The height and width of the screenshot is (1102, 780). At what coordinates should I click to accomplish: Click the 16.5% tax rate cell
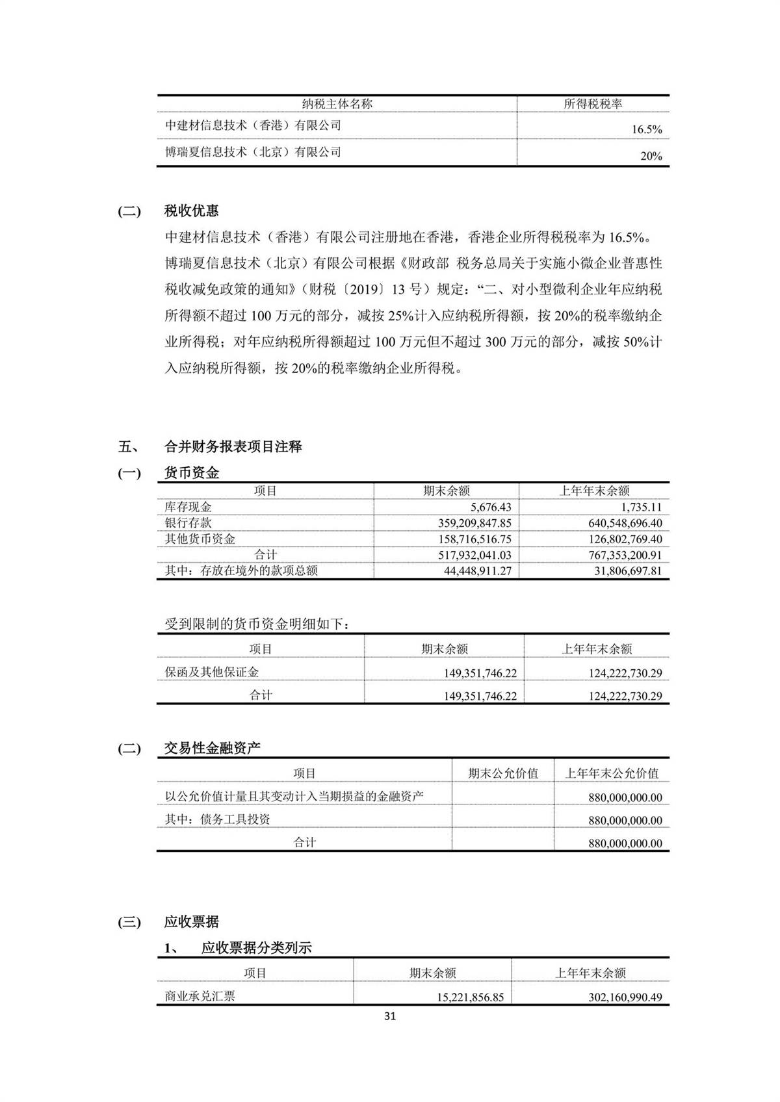point(646,129)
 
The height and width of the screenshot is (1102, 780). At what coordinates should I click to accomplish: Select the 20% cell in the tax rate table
point(651,156)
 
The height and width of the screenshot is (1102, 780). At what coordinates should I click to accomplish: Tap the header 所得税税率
point(593,104)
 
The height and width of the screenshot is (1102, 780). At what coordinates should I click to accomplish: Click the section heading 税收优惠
point(191,211)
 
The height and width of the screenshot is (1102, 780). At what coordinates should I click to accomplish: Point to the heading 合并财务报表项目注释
point(233,446)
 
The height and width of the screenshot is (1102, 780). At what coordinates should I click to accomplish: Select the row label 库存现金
point(188,507)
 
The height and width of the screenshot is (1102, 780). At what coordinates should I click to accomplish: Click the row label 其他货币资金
point(200,539)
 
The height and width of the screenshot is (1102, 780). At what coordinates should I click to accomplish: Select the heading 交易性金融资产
point(212,748)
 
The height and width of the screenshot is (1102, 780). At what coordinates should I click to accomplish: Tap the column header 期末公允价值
point(503,773)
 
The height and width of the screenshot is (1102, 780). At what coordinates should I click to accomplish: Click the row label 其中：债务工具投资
point(217,819)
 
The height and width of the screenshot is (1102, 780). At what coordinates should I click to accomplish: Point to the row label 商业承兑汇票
point(200,996)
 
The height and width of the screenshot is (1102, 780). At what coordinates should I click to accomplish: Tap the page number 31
point(390,1016)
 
